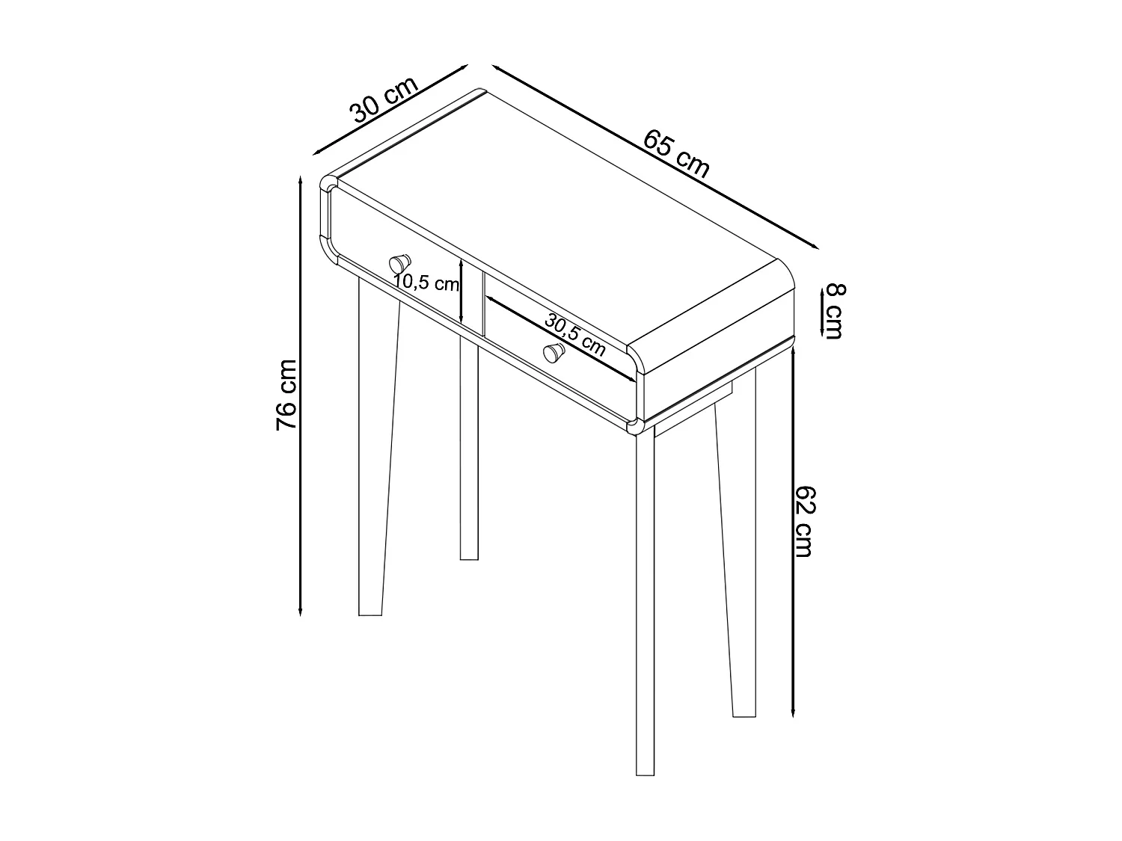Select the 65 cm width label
676,154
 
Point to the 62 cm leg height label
803,521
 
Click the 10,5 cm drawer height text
426,283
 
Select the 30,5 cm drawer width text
574,334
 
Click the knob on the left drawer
399,263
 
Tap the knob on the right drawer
554,352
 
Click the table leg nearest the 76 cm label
375,449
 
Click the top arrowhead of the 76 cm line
300,182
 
